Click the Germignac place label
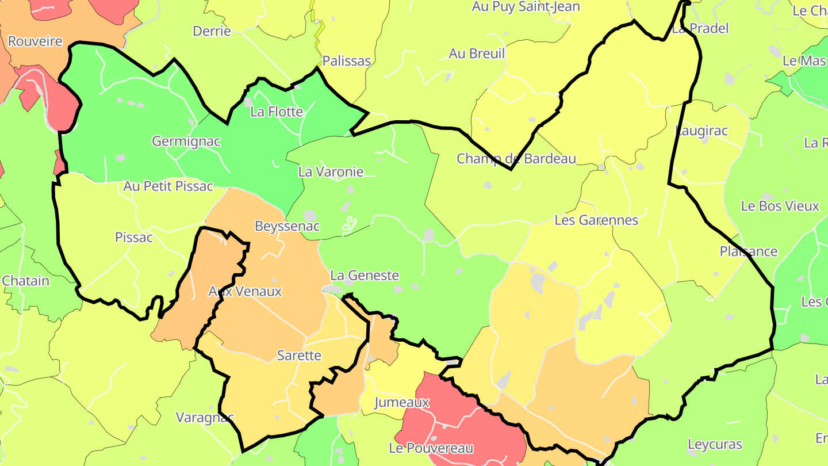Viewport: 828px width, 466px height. point(186,141)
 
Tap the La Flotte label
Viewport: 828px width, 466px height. point(277,112)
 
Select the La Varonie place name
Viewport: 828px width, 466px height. point(331,171)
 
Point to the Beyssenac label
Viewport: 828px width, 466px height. point(287,226)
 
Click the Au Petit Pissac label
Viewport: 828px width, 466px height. point(168,186)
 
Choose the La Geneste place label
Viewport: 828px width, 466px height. point(365,276)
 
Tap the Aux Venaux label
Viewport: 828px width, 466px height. point(245,291)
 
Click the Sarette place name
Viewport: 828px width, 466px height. point(299,355)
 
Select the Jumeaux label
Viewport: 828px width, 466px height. point(402,402)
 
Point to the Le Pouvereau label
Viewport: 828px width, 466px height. point(431,448)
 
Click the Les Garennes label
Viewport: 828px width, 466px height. point(596,220)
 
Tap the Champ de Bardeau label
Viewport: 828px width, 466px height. point(516,159)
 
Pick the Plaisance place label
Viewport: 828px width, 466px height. point(749,251)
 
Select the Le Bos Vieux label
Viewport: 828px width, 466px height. point(780,206)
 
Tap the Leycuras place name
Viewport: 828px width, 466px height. point(715,444)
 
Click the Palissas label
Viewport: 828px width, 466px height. point(347,61)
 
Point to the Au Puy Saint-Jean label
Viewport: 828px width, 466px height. point(526,7)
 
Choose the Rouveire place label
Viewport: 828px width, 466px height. point(35,41)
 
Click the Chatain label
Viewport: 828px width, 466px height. point(26,281)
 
